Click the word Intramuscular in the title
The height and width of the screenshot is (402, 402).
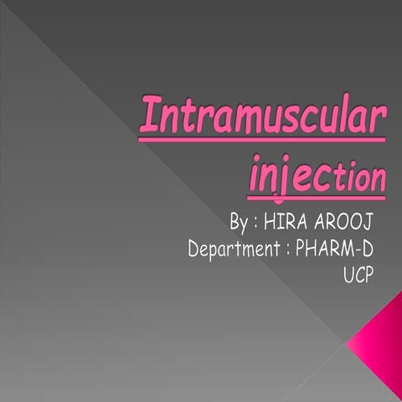click(x=262, y=117)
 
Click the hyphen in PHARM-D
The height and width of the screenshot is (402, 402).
click(x=354, y=249)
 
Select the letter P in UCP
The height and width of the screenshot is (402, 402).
click(x=367, y=274)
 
